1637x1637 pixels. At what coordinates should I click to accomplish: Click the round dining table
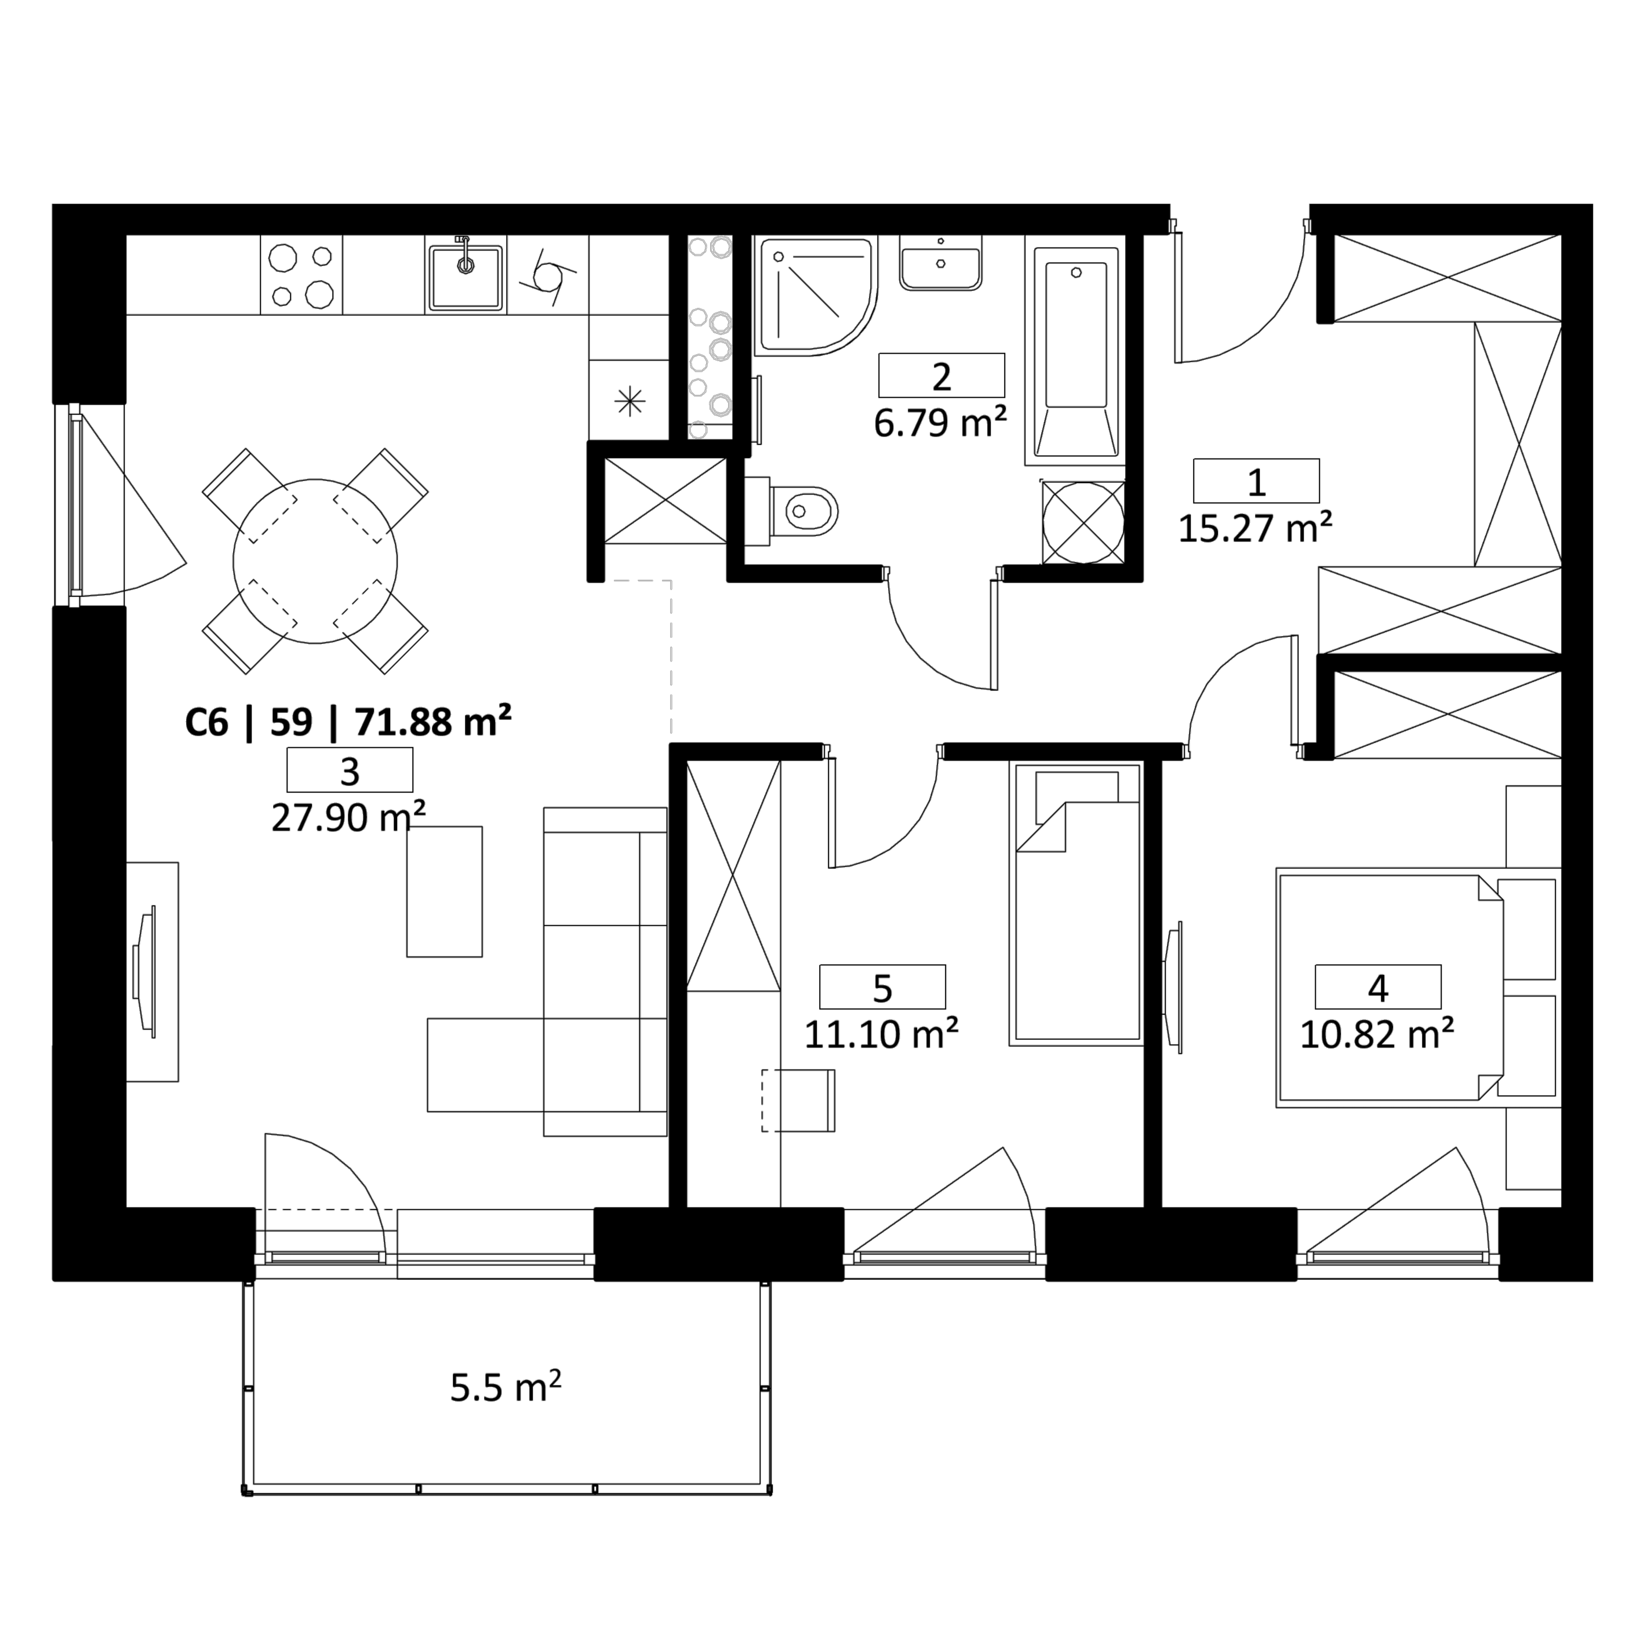[x=315, y=561]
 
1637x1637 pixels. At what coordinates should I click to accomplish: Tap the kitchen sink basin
[x=465, y=277]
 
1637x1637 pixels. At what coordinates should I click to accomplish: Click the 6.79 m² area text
[x=940, y=423]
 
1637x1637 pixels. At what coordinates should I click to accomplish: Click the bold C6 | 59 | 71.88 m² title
[x=348, y=723]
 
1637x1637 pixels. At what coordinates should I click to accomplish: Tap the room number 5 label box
[x=882, y=987]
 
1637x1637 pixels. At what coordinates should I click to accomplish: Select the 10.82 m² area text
[x=1377, y=1034]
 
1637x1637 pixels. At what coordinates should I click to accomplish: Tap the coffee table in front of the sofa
[x=445, y=892]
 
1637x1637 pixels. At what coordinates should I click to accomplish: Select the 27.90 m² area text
[x=348, y=818]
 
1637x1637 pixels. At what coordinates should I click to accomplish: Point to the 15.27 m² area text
[x=1255, y=529]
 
